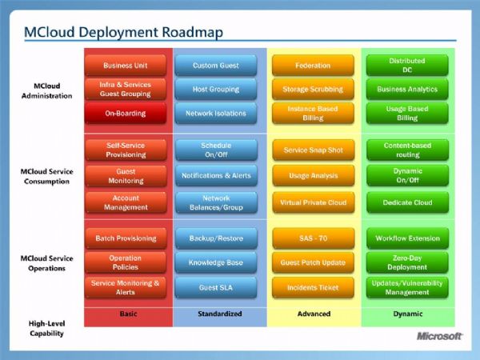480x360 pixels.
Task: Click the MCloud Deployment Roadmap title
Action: pos(123,33)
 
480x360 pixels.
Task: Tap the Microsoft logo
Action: pos(439,336)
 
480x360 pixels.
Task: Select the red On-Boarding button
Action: pos(126,114)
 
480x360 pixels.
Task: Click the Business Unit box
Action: pos(126,66)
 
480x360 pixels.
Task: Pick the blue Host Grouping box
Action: pos(216,89)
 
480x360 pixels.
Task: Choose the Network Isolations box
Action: pos(216,114)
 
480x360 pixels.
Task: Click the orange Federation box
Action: pos(313,66)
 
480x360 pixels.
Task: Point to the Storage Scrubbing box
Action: pos(313,89)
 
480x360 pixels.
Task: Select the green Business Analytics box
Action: pos(407,89)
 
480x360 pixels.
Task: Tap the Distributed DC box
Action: pos(407,66)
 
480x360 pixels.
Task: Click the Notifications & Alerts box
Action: pos(216,176)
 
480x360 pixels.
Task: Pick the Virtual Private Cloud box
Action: pos(314,202)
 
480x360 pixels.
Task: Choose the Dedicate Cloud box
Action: pos(407,202)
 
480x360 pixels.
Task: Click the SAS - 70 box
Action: pos(314,238)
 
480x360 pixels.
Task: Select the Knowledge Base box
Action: pos(216,262)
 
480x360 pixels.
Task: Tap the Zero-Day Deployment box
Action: pos(407,262)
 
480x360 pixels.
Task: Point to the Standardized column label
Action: pos(220,314)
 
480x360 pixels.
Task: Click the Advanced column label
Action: pos(314,314)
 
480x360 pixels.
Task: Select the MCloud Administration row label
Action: pos(47,90)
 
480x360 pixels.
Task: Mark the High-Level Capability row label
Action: pos(47,328)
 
